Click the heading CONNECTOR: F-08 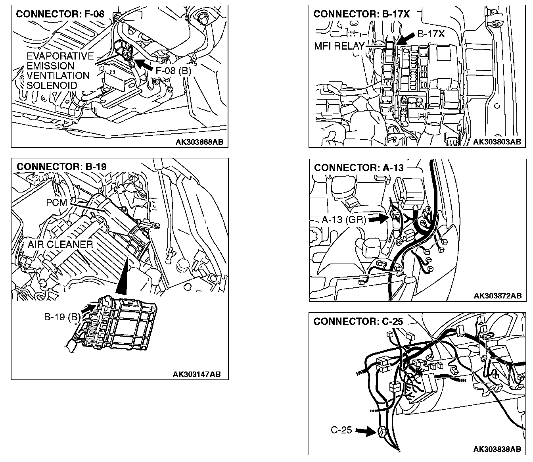click(60, 14)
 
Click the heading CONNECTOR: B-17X click(361, 14)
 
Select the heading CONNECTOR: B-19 click(61, 166)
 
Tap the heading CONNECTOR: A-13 click(359, 167)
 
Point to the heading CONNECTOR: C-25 click(358, 321)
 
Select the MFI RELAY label click(339, 46)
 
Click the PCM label click(56, 202)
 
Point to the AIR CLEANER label click(60, 244)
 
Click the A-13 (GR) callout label click(343, 219)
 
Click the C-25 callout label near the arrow click(341, 430)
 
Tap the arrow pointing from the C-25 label click(365, 430)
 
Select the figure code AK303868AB click(202, 142)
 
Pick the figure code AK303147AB click(196, 374)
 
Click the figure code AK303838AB click(497, 449)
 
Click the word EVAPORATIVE click(60, 56)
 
